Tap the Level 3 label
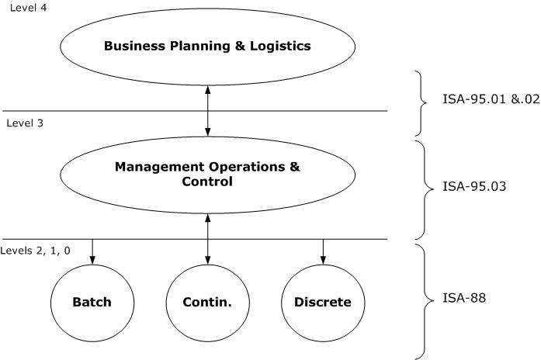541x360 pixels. pyautogui.click(x=24, y=123)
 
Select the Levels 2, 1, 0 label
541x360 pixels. pyautogui.click(x=36, y=251)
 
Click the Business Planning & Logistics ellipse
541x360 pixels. pyautogui.click(x=207, y=46)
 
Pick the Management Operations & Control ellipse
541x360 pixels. pyautogui.click(x=207, y=174)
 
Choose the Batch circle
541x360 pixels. pyautogui.click(x=92, y=302)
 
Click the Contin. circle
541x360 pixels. pyautogui.click(x=207, y=302)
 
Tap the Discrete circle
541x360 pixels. pyautogui.click(x=323, y=302)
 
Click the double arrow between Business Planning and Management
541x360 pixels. pyautogui.click(x=207, y=110)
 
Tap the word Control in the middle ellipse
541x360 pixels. pyautogui.click(x=207, y=182)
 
